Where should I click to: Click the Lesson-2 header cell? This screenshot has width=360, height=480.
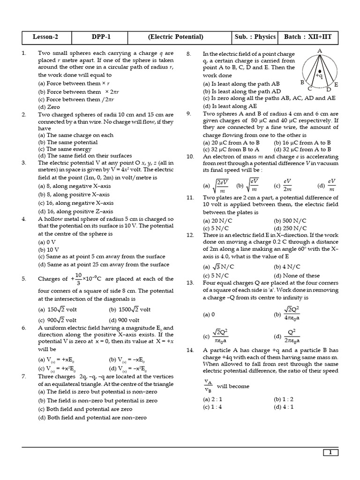45,37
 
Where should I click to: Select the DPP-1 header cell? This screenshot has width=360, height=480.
102,37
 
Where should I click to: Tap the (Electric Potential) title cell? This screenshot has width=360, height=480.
175,37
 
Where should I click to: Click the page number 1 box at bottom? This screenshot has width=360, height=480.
330,452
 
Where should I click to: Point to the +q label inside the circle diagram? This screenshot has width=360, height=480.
319,75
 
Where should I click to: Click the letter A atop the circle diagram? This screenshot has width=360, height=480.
320,50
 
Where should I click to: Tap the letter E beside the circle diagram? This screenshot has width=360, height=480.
336,84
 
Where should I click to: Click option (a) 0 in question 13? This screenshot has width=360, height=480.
209,315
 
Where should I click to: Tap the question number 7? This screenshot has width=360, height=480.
24,376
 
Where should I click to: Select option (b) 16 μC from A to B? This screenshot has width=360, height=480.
302,142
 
